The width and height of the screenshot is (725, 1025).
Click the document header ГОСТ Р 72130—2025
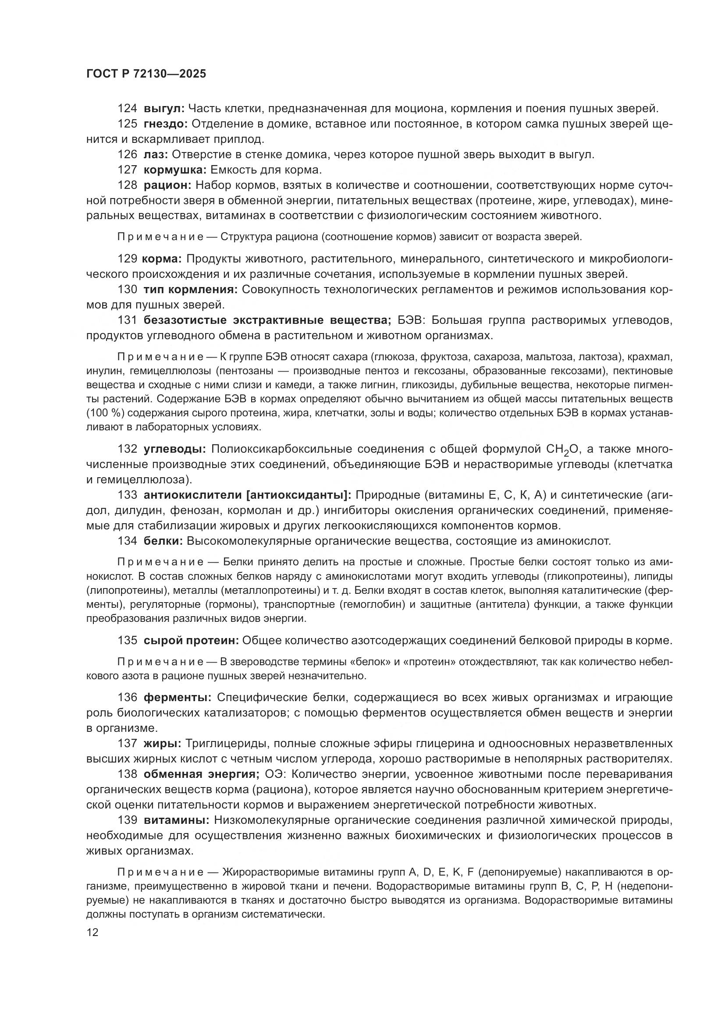(146, 74)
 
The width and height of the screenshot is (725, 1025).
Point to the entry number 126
(127, 154)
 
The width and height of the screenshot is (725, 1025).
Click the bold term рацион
(167, 185)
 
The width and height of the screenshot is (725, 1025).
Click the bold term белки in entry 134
(163, 541)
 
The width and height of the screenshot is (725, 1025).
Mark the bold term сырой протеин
(191, 640)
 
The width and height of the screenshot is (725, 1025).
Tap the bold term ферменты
(177, 697)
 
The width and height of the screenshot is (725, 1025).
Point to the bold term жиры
(162, 743)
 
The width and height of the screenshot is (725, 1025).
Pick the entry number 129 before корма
(127, 259)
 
